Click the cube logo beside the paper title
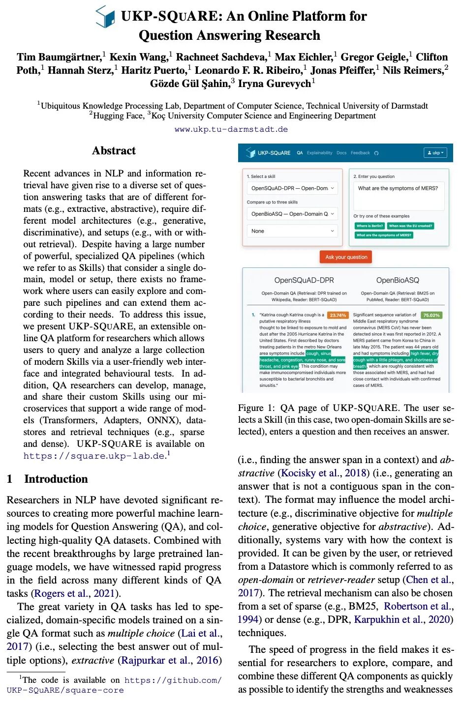point(105,17)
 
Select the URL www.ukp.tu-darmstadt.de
point(231,129)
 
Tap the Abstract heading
point(114,151)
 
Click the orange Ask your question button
point(346,257)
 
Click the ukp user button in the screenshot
point(435,153)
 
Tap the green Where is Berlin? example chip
point(369,226)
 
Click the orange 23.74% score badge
point(338,315)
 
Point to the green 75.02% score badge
point(431,315)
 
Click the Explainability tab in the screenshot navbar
point(319,153)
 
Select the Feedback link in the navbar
point(360,153)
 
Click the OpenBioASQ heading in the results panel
point(398,280)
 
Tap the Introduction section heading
point(56,479)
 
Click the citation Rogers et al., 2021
point(75,593)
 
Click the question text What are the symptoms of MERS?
point(398,188)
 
